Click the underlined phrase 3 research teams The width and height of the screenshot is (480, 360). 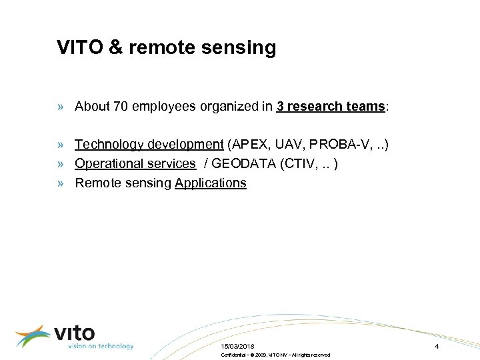[331, 106]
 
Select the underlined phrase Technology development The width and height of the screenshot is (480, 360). [149, 144]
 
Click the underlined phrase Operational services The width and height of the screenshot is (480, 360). [135, 163]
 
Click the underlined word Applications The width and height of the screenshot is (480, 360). [211, 183]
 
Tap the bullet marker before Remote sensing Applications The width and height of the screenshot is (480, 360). [61, 183]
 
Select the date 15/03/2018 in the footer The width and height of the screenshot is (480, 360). [238, 347]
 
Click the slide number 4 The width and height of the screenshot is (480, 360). [437, 347]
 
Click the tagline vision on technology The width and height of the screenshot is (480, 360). [100, 346]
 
